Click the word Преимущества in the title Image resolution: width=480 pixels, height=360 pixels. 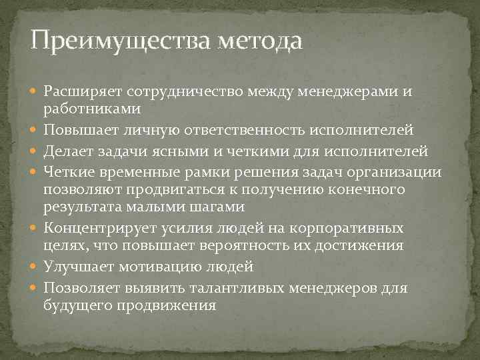(119, 41)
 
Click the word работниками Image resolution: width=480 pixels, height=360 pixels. (83, 107)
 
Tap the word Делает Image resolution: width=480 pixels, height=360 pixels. (65, 150)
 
